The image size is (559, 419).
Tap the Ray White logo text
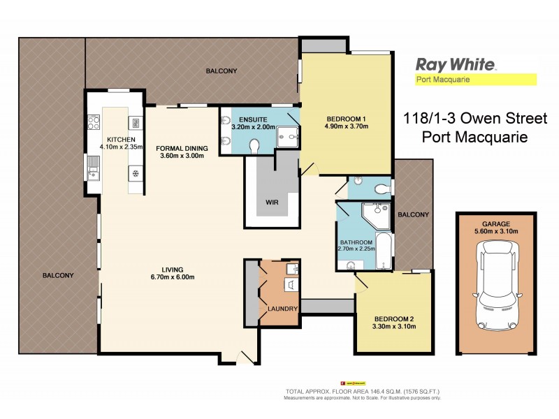pos(456,64)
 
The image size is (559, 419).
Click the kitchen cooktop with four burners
pos(93,126)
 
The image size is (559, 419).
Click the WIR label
pos(273,203)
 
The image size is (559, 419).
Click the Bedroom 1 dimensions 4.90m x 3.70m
pos(346,126)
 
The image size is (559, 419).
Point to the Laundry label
pos(283,308)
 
